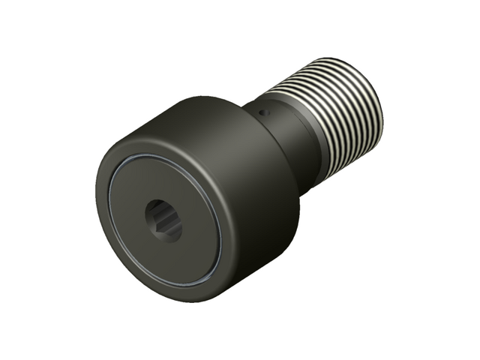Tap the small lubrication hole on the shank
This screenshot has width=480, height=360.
(262, 112)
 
